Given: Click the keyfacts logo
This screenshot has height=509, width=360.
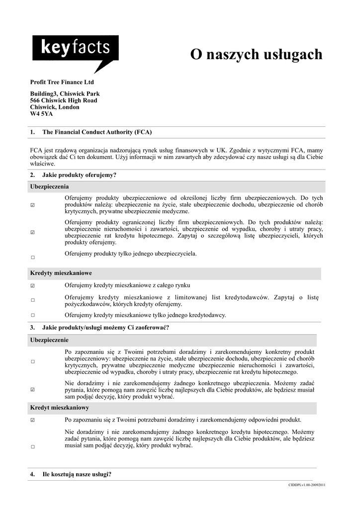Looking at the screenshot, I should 75,50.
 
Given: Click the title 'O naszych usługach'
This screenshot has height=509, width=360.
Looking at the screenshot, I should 256,55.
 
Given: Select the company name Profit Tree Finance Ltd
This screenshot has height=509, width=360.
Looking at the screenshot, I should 62,82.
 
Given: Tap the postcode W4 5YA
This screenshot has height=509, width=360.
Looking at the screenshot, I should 41,114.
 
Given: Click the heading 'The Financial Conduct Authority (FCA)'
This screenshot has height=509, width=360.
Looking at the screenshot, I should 97,132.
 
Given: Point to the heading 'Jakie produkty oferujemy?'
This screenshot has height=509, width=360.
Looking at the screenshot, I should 79,175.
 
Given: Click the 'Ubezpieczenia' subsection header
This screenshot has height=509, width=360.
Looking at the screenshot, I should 49,187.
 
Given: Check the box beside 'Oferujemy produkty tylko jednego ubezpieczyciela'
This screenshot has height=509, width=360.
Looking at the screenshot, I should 33,257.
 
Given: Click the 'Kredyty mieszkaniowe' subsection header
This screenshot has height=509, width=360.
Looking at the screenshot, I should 61,273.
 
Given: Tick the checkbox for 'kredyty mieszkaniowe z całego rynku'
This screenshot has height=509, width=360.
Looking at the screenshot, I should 33,286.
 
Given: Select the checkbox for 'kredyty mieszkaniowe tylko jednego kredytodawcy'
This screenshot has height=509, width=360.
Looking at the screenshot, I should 33,315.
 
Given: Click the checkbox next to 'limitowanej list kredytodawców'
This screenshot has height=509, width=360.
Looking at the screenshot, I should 33,300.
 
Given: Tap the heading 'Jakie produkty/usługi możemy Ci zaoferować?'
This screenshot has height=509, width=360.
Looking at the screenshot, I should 105,328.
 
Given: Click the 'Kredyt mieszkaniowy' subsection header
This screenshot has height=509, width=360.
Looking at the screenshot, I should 60,408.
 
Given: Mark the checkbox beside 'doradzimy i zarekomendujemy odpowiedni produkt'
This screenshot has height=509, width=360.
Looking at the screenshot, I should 33,420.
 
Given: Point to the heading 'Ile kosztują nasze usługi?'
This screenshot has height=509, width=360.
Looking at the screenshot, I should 77,474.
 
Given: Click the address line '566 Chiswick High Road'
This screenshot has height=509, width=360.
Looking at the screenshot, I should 64,100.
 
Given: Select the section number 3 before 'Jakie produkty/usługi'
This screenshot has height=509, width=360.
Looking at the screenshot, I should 32,328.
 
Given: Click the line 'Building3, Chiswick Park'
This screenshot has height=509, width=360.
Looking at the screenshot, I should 65,93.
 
